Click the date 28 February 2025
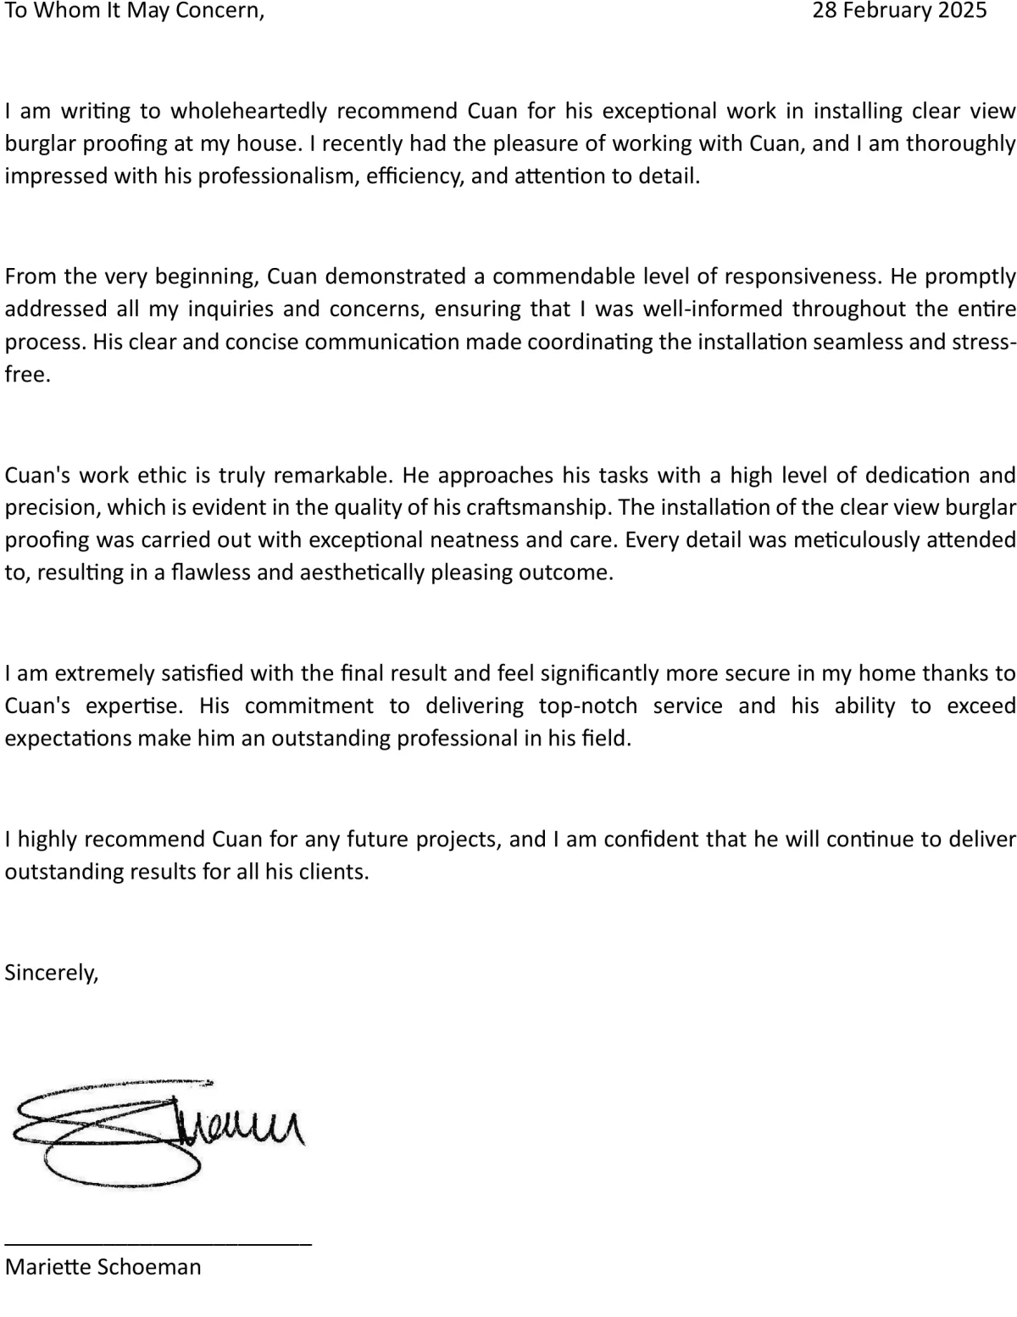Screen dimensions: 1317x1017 (899, 10)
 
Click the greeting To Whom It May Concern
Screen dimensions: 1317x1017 (134, 11)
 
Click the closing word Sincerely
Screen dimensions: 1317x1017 (52, 972)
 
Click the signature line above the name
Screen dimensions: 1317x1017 (158, 1243)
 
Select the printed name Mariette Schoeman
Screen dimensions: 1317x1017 (103, 1267)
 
